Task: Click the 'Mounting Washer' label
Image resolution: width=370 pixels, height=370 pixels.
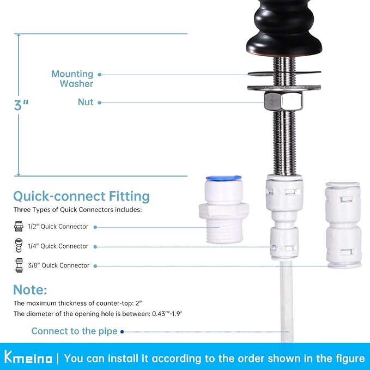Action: tap(72, 78)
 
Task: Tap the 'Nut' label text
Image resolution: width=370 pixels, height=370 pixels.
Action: tap(86, 102)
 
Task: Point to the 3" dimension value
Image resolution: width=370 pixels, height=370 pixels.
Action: tap(21, 105)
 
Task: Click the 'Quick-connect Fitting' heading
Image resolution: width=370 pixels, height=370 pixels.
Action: tap(81, 196)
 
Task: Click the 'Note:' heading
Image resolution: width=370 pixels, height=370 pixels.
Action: tap(30, 289)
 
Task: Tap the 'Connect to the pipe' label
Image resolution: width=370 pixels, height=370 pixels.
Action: tap(74, 331)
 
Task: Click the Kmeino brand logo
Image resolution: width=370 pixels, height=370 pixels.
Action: tap(29, 358)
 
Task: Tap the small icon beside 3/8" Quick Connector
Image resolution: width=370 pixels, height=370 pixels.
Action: tap(18, 266)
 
